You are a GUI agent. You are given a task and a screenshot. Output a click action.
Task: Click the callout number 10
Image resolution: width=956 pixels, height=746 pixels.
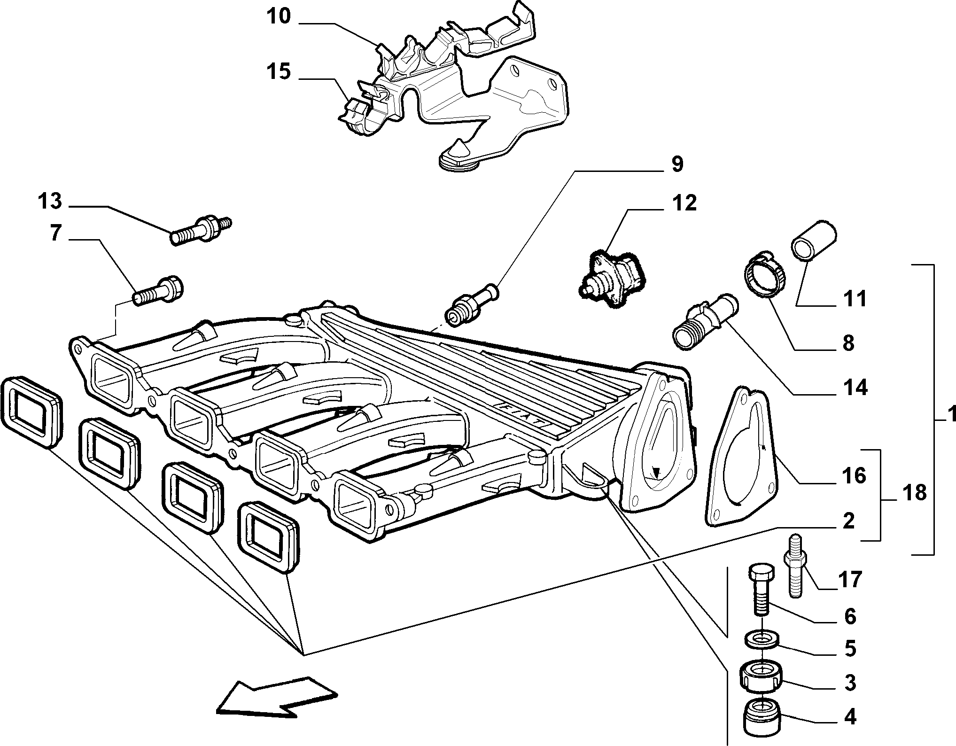279,17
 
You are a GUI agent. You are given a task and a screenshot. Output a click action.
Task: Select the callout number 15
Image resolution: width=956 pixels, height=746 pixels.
279,73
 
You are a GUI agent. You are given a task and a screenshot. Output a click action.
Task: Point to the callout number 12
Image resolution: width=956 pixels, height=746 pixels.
684,203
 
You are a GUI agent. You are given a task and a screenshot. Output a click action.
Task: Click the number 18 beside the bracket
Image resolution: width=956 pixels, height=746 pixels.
914,493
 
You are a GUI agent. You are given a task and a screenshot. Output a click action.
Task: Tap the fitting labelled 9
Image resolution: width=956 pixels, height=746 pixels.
472,305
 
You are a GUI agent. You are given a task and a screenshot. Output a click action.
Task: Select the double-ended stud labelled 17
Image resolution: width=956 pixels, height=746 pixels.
795,566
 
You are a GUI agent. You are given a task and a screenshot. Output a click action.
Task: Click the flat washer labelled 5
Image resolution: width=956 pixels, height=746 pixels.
762,640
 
